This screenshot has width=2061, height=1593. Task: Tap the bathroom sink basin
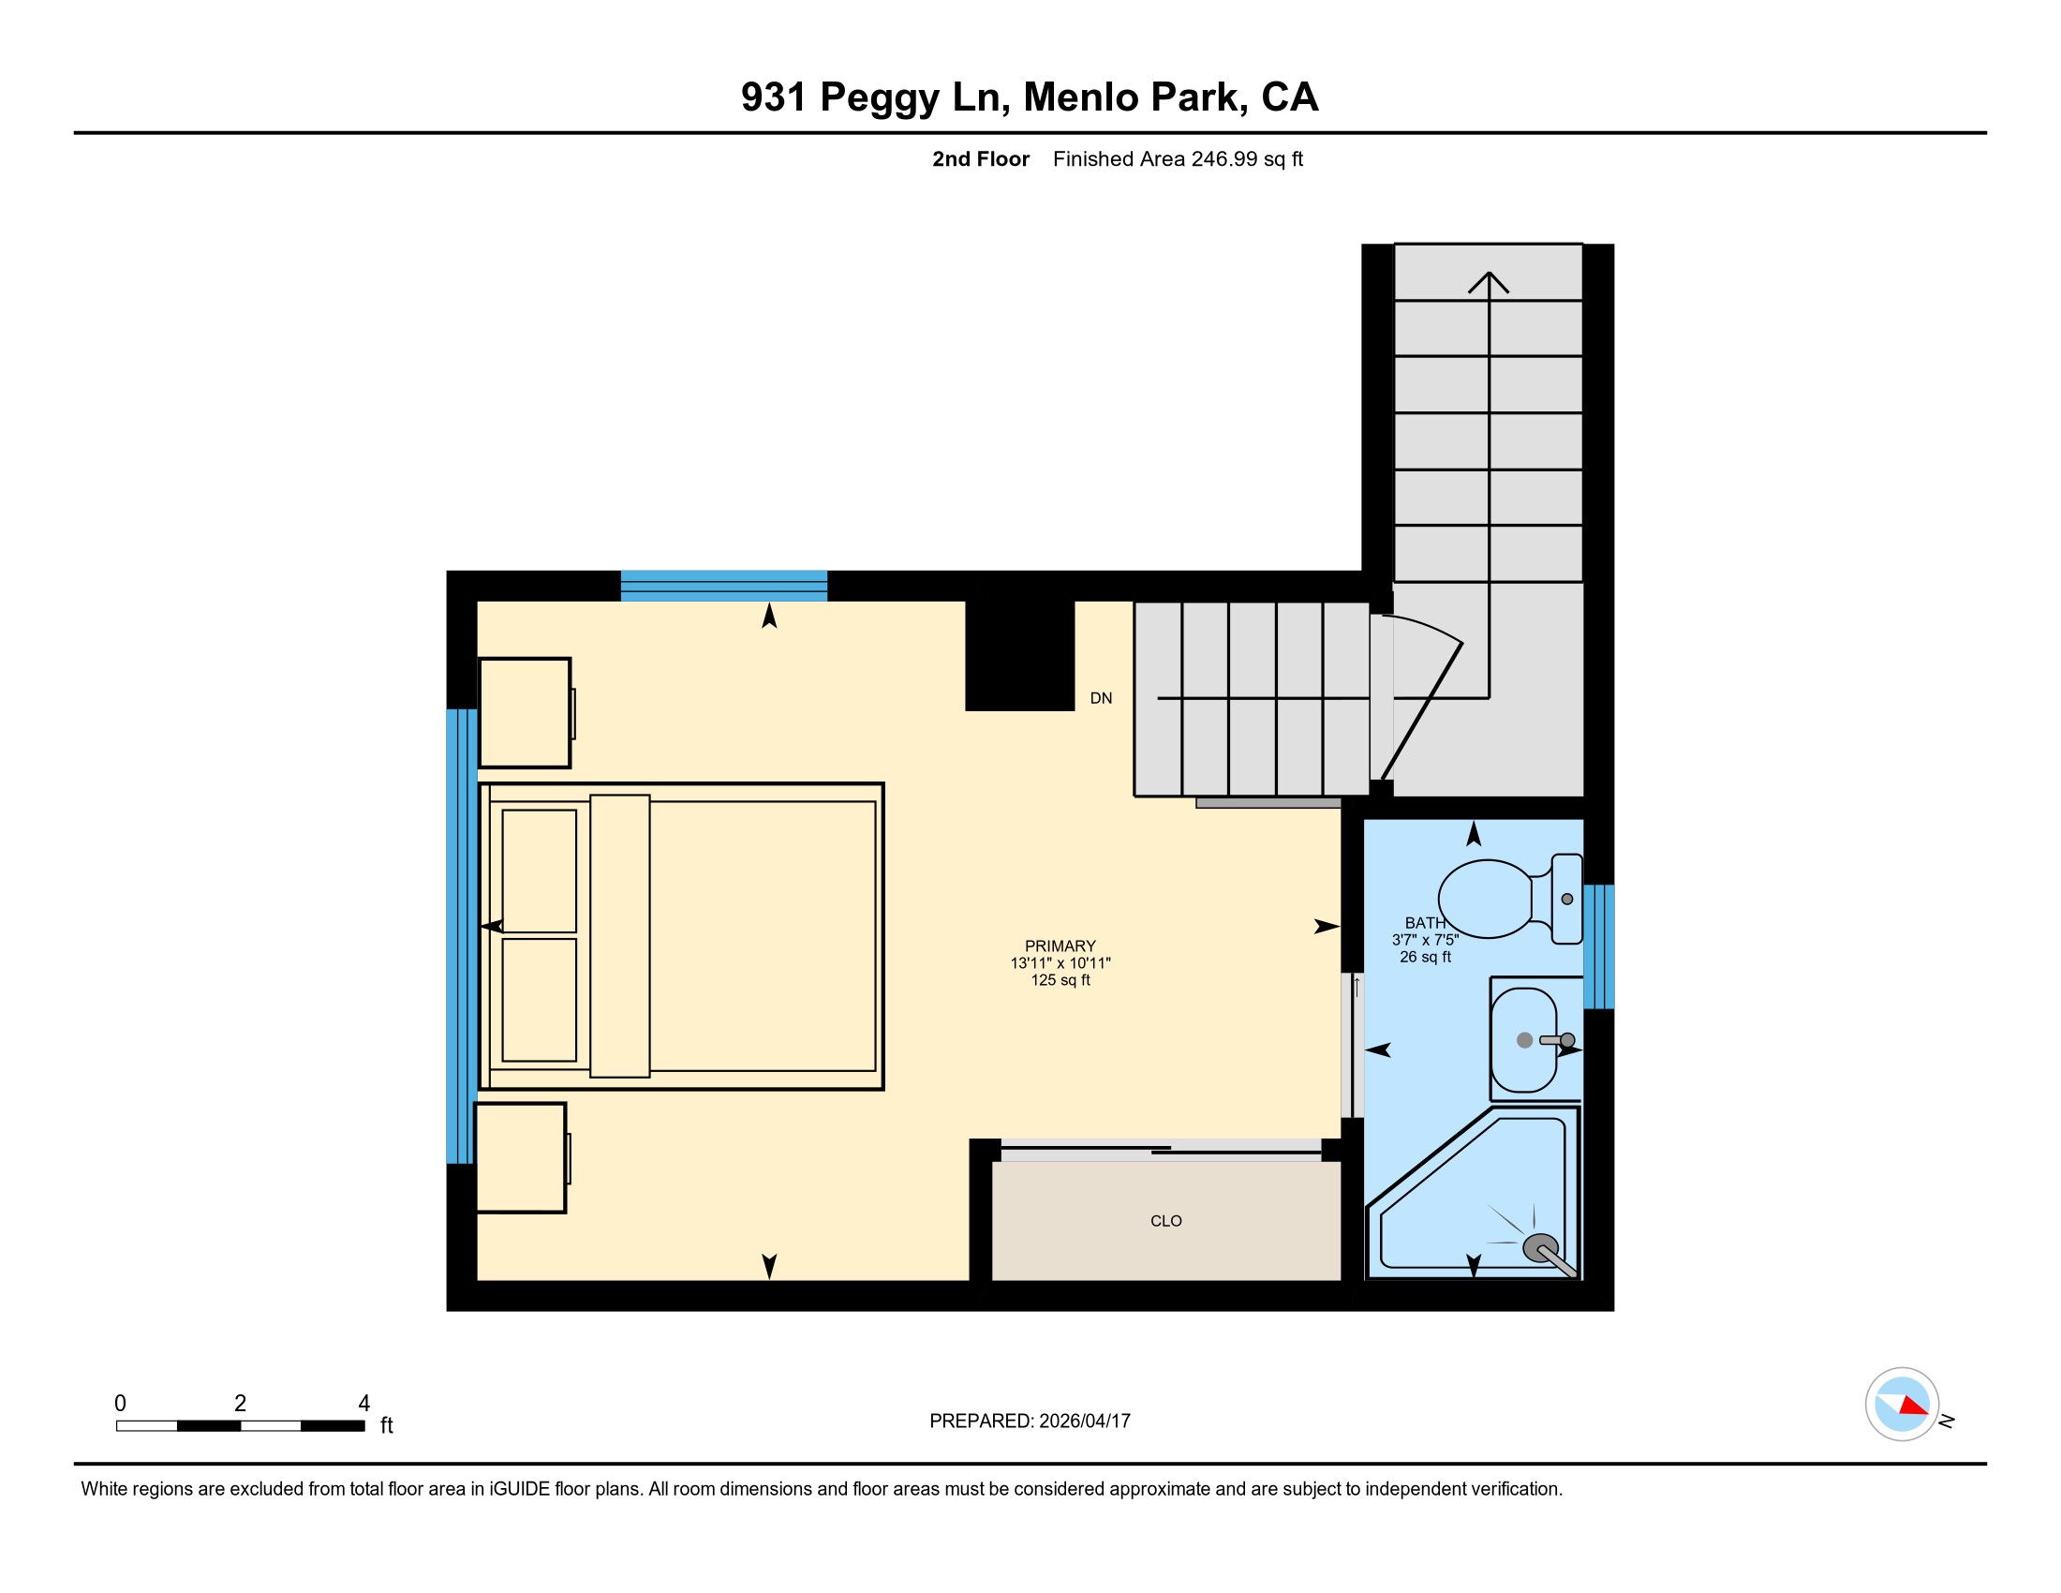pyautogui.click(x=1523, y=1040)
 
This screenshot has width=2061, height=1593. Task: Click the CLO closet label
pyautogui.click(x=1165, y=1221)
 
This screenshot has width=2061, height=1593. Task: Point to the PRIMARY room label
pyautogui.click(x=1060, y=945)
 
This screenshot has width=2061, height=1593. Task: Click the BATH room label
pyautogui.click(x=1425, y=923)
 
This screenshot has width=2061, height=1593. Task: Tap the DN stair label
pyautogui.click(x=1101, y=698)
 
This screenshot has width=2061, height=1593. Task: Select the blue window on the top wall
pyautogui.click(x=724, y=586)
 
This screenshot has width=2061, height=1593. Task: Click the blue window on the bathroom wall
pyautogui.click(x=1598, y=946)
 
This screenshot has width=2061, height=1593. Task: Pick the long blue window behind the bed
pyautogui.click(x=462, y=936)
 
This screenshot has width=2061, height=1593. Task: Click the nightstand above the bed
pyautogui.click(x=526, y=712)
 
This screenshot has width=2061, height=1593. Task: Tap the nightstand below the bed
pyautogui.click(x=521, y=1158)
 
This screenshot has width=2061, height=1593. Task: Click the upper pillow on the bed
pyautogui.click(x=539, y=871)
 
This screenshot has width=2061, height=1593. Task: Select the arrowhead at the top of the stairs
pyautogui.click(x=1489, y=281)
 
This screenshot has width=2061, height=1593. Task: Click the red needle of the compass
pyautogui.click(x=1914, y=1406)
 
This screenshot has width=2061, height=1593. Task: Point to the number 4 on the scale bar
pyautogui.click(x=364, y=1403)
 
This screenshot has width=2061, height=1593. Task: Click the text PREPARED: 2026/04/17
pyautogui.click(x=1030, y=1422)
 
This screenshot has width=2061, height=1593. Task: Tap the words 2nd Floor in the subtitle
pyautogui.click(x=981, y=158)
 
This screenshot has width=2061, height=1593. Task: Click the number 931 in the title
pyautogui.click(x=774, y=97)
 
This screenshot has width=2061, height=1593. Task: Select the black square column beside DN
pyautogui.click(x=1020, y=656)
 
